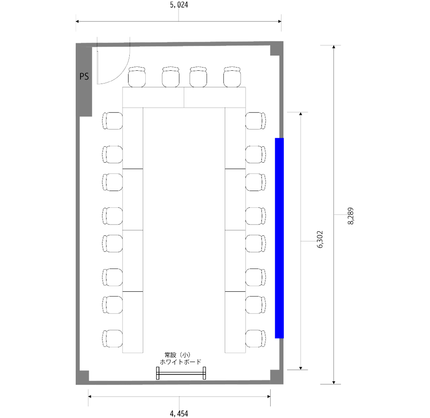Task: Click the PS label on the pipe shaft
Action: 84,76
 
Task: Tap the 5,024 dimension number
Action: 179,5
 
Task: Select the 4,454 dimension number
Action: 179,413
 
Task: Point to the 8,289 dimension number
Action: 350,216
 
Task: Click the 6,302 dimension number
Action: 320,240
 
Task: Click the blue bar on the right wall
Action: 279,238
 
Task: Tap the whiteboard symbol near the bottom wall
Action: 181,373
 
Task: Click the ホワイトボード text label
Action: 180,362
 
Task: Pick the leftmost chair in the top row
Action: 137,77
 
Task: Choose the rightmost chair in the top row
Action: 232,77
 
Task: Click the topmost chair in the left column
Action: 112,121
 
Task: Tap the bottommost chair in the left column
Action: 112,338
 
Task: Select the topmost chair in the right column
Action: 256,121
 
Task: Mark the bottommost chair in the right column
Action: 256,338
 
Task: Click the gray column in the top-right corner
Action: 275,50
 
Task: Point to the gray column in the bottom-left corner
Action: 84,375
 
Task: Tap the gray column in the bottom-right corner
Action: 275,375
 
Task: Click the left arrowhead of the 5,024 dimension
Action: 77,21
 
